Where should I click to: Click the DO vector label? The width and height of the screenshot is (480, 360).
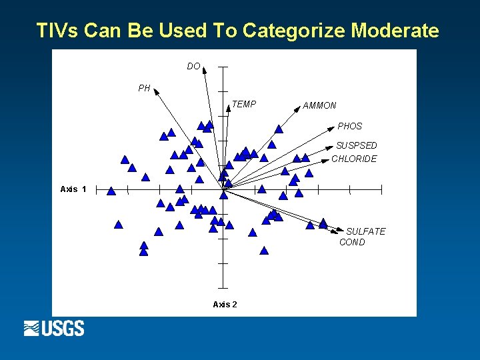pyautogui.click(x=193, y=66)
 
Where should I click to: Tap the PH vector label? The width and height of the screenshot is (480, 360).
pyautogui.click(x=144, y=88)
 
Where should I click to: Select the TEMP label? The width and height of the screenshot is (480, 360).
pyautogui.click(x=243, y=104)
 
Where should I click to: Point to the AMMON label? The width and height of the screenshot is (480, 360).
pyautogui.click(x=319, y=105)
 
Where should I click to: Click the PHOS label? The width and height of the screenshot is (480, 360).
pyautogui.click(x=349, y=126)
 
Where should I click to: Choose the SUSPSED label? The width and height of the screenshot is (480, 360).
pyautogui.click(x=356, y=145)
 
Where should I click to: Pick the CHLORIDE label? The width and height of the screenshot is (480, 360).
pyautogui.click(x=354, y=159)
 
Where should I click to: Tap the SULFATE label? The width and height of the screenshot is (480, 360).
pyautogui.click(x=365, y=231)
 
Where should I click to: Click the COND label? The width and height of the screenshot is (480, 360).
pyautogui.click(x=352, y=242)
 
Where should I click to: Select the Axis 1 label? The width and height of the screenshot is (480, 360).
pyautogui.click(x=73, y=189)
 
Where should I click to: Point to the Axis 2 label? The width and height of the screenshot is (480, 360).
pyautogui.click(x=225, y=304)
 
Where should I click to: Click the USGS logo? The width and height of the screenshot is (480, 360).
pyautogui.click(x=54, y=328)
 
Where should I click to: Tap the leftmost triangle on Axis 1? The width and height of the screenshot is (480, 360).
pyautogui.click(x=111, y=191)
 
